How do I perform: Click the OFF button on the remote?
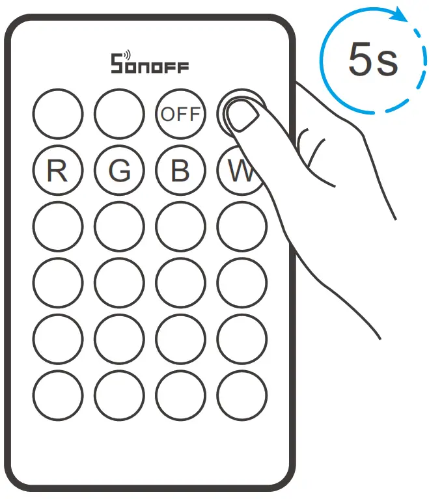click(180, 114)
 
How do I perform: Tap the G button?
click(119, 170)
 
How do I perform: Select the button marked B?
click(180, 170)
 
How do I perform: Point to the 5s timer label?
click(372, 62)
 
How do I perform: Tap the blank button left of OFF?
click(119, 114)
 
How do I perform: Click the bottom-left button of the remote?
click(58, 395)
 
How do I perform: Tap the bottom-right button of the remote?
click(242, 395)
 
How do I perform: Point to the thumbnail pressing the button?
click(242, 117)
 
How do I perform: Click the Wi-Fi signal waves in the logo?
click(126, 55)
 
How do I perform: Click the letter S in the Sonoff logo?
click(118, 64)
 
